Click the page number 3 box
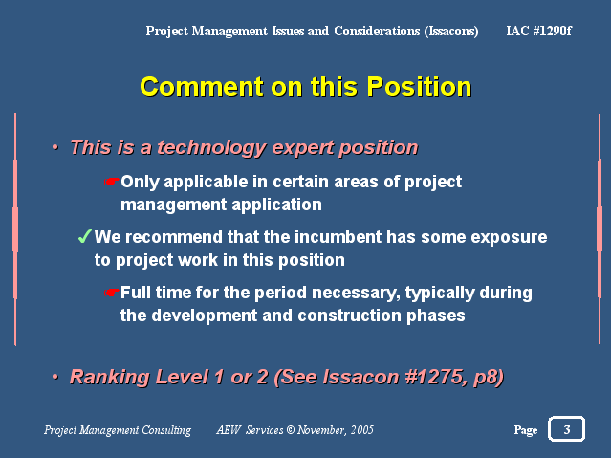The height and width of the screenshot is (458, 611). coord(566,428)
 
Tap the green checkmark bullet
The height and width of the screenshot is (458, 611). coord(84,236)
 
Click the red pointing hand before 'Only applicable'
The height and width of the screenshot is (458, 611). coord(112,182)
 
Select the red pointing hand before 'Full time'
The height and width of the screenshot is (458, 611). coord(112,293)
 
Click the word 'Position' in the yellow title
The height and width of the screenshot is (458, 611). coord(419,86)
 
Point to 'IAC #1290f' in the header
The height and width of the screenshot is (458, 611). coord(539,31)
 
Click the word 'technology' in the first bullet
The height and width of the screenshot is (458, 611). coord(211,148)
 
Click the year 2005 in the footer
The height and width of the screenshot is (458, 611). coord(362,430)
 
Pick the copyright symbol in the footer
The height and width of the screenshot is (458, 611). coord(291,430)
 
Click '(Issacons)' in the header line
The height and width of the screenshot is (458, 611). coord(451,31)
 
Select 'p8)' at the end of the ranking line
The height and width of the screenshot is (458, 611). coord(489,378)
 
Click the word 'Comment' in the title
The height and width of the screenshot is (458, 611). coord(202,86)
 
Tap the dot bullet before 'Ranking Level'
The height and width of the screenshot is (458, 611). coord(55,377)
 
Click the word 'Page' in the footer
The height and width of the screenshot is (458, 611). coord(526,430)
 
